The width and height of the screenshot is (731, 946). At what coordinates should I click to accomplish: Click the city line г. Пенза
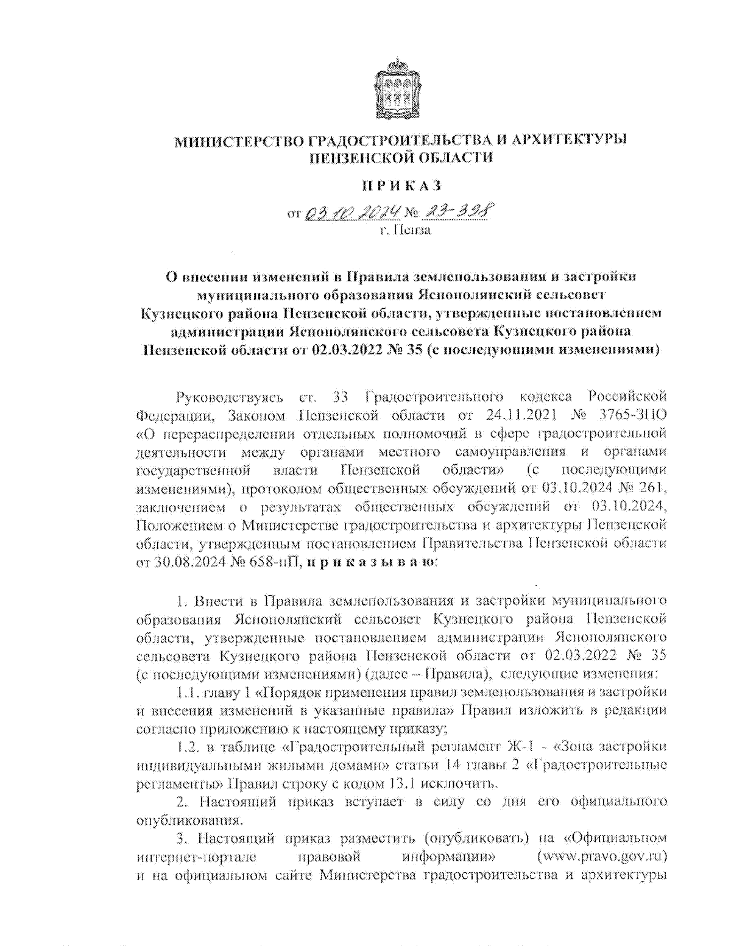(x=404, y=231)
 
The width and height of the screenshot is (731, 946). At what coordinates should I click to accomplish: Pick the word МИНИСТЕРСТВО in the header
(x=239, y=141)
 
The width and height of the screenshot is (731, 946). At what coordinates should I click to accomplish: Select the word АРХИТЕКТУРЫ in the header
(x=569, y=139)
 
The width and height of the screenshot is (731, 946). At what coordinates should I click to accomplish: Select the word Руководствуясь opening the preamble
(x=229, y=398)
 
